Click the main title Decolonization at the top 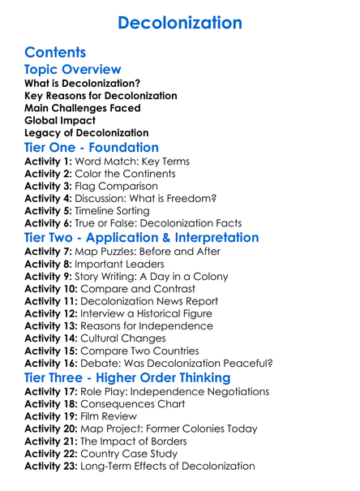point(180,23)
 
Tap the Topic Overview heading point(73,70)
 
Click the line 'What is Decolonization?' point(82,83)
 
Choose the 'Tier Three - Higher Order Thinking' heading point(128,378)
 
